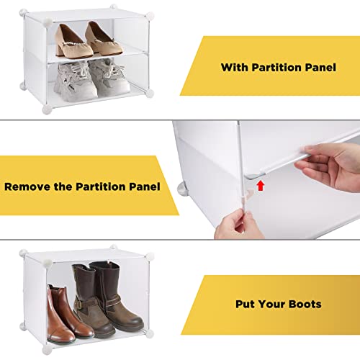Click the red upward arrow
[x=261, y=186]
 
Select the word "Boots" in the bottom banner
[x=305, y=304]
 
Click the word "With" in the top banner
[x=235, y=67]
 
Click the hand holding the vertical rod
[x=238, y=225]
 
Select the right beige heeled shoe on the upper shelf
[x=103, y=40]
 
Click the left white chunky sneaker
[x=75, y=81]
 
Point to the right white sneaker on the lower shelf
[x=109, y=77]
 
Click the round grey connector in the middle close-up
[x=183, y=189]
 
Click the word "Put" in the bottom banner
[x=245, y=304]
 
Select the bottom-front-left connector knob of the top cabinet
[x=47, y=109]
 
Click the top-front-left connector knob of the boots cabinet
[x=47, y=262]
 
